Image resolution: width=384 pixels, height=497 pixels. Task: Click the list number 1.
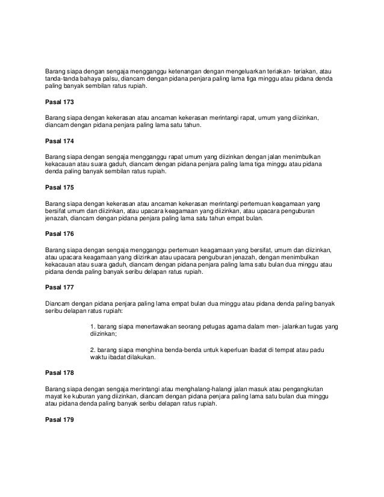tap(92, 326)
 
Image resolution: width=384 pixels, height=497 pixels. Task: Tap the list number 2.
tap(92, 349)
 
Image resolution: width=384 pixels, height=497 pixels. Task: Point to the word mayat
tap(54, 397)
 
